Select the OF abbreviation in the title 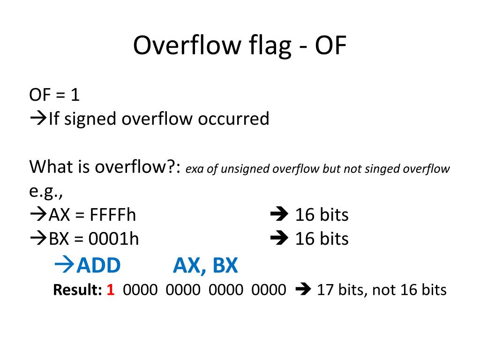coord(330,46)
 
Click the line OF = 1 coord(54,95)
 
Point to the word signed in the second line coord(90,119)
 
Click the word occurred coord(233,119)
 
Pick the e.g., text coord(46,191)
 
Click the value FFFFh coord(113,215)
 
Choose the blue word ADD coord(99,266)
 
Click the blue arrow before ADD coord(65,265)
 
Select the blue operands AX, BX coord(205,266)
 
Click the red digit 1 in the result coord(111,290)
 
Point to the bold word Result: coord(77,290)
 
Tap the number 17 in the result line coord(324,290)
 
